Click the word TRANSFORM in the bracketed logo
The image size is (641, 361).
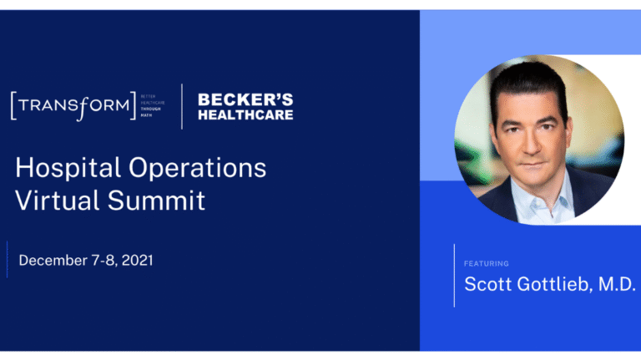tap(73, 105)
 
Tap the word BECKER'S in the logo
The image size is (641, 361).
tap(245, 100)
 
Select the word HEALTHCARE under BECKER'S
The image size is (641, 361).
tap(245, 114)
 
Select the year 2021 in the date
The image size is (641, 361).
tap(135, 260)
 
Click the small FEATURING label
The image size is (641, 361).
tap(487, 263)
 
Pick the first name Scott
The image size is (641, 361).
tap(488, 283)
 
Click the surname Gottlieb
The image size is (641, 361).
tap(557, 283)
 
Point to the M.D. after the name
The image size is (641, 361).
tap(618, 283)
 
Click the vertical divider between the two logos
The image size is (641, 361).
tap(182, 106)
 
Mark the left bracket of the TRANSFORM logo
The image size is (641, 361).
tap(13, 106)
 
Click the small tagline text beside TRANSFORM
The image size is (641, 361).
tap(154, 105)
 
